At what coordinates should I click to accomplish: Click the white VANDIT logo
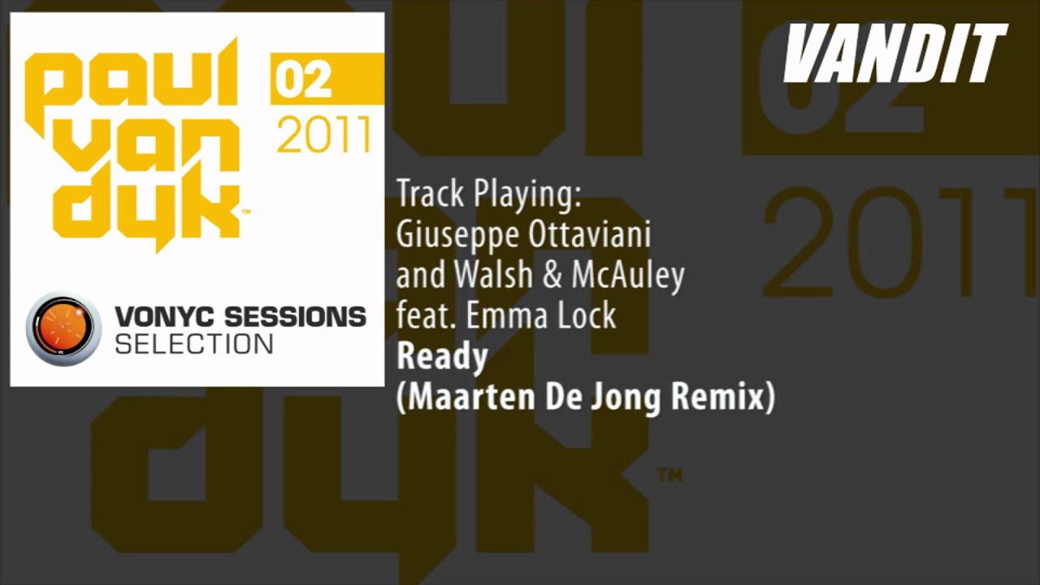coord(895,54)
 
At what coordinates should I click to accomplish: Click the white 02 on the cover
coord(303,80)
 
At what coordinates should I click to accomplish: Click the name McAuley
coord(627,276)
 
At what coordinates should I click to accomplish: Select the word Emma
coord(509,315)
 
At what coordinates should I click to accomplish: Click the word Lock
coord(587,315)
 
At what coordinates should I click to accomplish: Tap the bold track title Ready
coord(442,357)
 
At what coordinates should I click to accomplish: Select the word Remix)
coord(732,398)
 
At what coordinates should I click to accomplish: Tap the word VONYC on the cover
coord(162,317)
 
